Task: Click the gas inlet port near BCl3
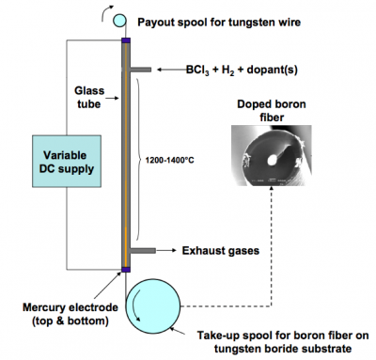[x=140, y=69]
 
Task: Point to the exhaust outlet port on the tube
[x=140, y=251]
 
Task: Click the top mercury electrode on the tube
[x=126, y=41]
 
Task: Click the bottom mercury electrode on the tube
[x=126, y=272]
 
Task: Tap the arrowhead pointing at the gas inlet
[x=160, y=69]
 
